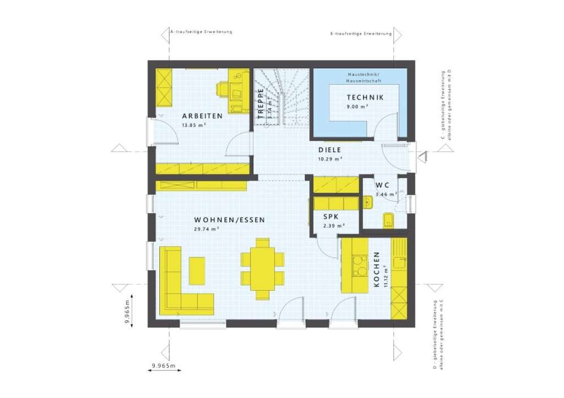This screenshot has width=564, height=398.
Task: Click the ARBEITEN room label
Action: (x=202, y=116)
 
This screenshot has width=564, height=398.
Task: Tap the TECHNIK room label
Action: (x=365, y=97)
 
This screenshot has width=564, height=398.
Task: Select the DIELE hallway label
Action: (x=329, y=150)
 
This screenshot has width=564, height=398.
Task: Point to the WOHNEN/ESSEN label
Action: (x=230, y=220)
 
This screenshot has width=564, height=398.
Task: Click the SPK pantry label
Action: (x=331, y=217)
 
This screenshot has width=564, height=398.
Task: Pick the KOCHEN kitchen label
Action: (x=377, y=269)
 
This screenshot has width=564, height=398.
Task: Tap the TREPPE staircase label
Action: (x=261, y=103)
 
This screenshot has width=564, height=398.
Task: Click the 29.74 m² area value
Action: (x=207, y=229)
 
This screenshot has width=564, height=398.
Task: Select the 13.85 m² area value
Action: (x=193, y=125)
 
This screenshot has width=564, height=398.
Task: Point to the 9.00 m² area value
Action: (x=357, y=107)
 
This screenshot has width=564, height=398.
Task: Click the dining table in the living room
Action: (x=262, y=269)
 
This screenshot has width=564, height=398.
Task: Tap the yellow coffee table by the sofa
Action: (x=197, y=270)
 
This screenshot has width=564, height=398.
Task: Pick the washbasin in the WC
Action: (x=368, y=202)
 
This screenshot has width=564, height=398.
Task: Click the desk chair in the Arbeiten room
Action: (x=223, y=90)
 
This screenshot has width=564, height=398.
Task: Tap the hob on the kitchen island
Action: (x=360, y=265)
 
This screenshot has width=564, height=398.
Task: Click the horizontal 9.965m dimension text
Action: (x=163, y=366)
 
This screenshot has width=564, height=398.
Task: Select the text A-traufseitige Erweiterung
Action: (x=202, y=32)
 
